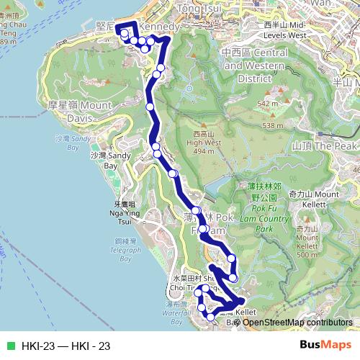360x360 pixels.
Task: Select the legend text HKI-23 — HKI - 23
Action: (x=66, y=346)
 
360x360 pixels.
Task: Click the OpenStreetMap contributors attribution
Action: (x=297, y=323)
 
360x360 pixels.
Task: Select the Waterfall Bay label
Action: (x=177, y=310)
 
